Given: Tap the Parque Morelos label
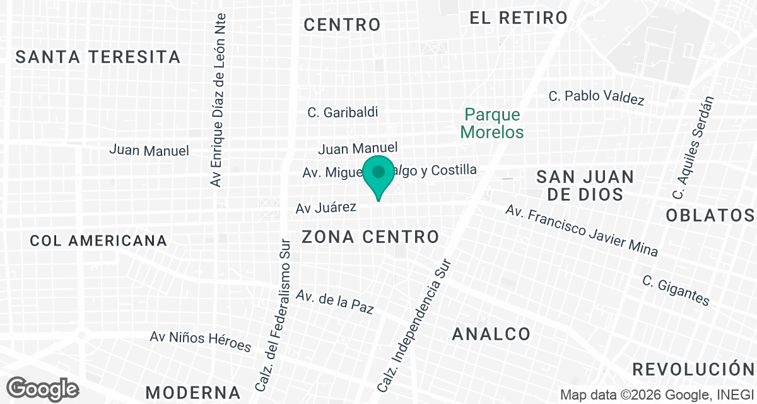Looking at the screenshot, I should [492, 124].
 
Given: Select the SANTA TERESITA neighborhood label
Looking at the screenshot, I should [98, 57].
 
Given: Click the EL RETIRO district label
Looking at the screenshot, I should [519, 18].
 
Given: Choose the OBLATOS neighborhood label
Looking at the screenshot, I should [710, 215].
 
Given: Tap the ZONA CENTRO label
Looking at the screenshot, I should [370, 237].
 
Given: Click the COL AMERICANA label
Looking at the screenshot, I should [98, 241].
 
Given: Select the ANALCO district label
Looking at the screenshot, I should [491, 334].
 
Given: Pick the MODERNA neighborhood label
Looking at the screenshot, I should [194, 391].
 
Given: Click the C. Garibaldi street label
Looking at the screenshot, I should [343, 112].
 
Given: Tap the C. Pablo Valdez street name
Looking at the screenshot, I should [596, 97].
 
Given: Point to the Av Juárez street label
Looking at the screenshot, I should [327, 207].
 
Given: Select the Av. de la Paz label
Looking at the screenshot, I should [335, 301].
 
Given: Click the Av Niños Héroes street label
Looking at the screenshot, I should [200, 341].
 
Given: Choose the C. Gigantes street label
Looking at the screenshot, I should [676, 290].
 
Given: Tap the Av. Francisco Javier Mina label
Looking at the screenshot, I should [581, 230].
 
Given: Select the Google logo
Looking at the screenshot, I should [42, 388].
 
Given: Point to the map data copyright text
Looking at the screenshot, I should [655, 395].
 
